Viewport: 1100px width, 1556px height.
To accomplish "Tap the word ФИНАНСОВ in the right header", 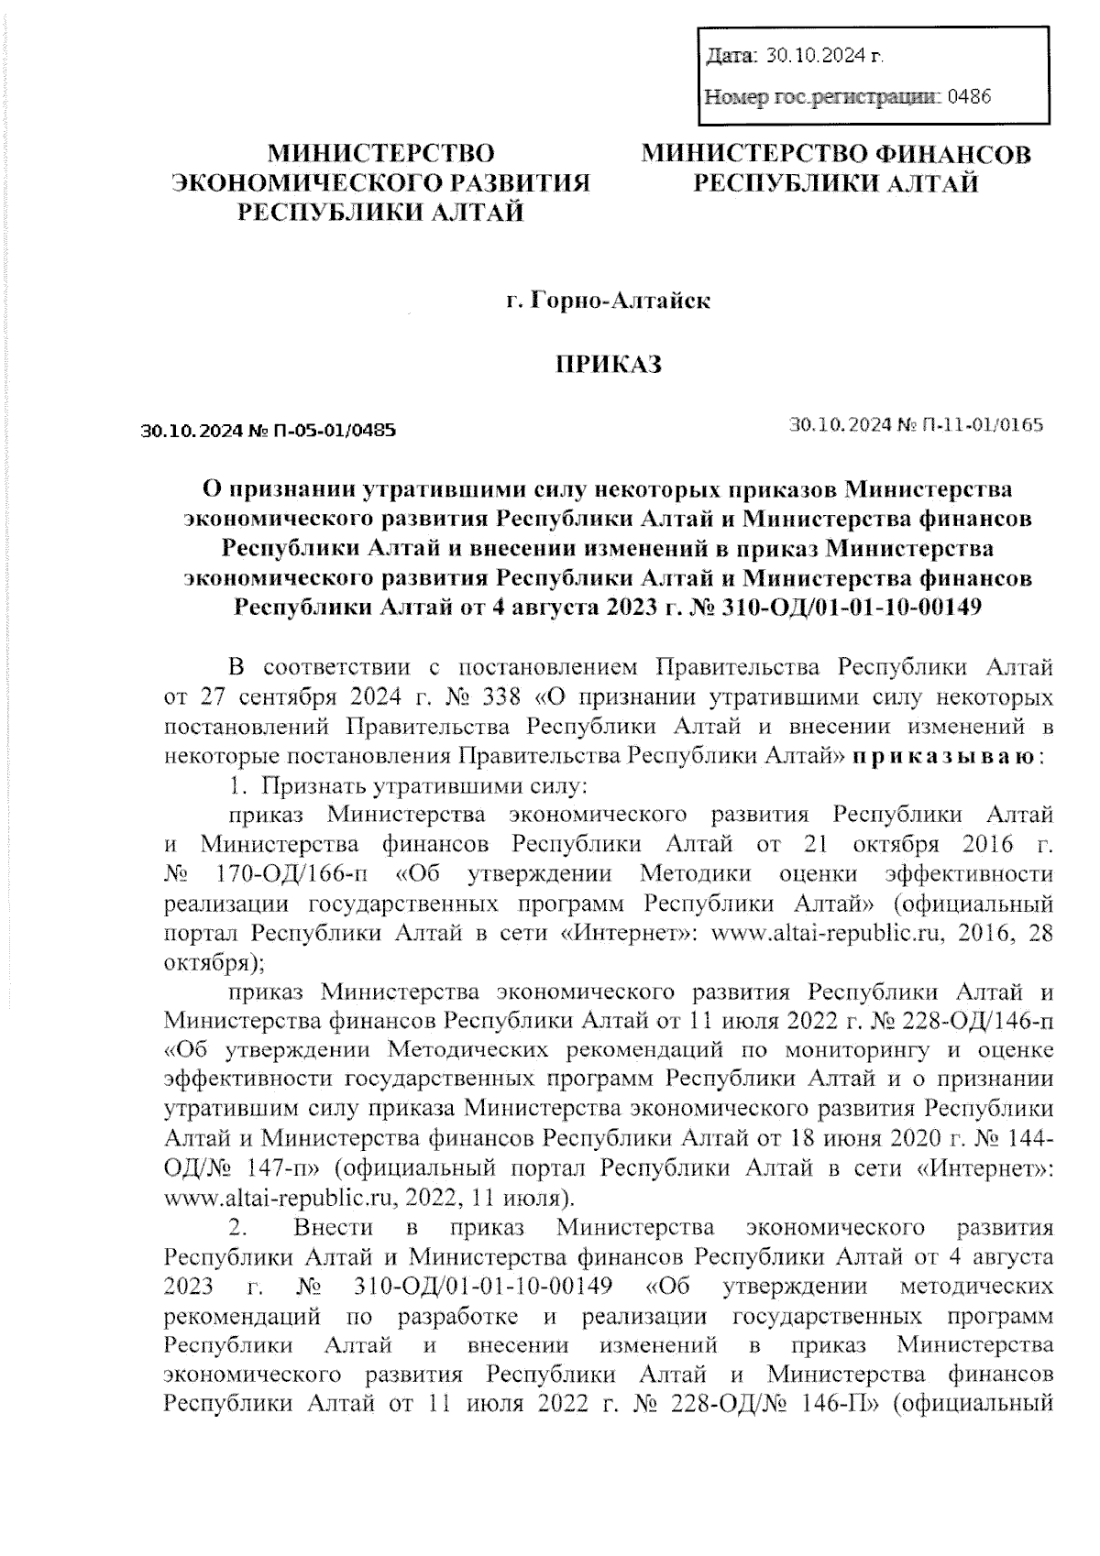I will (x=952, y=154).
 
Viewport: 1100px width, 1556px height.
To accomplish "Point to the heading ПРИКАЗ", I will (x=610, y=365).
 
